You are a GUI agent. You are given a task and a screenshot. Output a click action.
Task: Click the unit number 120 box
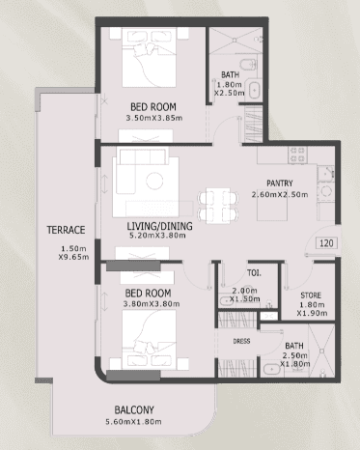tap(326, 243)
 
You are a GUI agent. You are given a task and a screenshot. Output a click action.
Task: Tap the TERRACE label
tap(66, 230)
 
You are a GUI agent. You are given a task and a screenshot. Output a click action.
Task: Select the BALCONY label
tap(134, 410)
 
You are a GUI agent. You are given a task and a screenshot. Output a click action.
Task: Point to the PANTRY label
tap(280, 183)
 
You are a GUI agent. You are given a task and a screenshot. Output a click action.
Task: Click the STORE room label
tap(311, 295)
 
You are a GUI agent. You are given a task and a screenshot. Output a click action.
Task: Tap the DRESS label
tap(241, 341)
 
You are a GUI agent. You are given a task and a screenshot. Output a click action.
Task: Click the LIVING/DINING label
tap(159, 226)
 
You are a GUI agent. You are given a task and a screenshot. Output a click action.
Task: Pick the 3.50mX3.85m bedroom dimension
tap(154, 118)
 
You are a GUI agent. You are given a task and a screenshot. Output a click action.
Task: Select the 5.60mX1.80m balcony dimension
tap(133, 422)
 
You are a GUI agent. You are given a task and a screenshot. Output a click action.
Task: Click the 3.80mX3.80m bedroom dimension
tap(152, 304)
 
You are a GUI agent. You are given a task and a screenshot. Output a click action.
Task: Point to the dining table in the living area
tap(218, 206)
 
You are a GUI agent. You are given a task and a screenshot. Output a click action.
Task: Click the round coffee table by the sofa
tap(154, 181)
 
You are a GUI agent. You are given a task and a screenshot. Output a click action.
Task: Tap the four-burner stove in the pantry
tap(297, 155)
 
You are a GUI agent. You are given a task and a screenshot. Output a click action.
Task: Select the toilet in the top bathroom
tap(248, 65)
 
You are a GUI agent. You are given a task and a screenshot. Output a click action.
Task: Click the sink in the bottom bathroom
tap(272, 369)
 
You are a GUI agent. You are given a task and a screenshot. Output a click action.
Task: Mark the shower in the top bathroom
tap(235, 41)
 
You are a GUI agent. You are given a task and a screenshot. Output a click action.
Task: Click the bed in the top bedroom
tap(149, 57)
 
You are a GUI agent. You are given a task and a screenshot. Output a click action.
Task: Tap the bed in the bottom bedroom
tap(149, 340)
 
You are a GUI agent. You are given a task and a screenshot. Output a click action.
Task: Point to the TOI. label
tap(254, 273)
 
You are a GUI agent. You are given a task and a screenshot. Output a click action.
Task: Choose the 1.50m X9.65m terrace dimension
tap(73, 253)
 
